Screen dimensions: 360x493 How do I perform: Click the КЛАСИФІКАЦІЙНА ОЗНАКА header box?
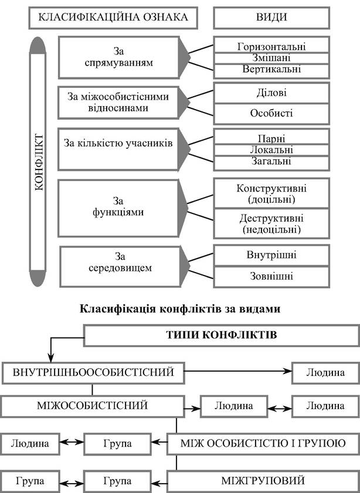tap(113, 18)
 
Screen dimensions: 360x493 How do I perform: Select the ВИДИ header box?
tap(271, 18)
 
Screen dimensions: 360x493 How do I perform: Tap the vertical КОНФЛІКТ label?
tap(38, 162)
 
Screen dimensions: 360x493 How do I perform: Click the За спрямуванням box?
tap(119, 57)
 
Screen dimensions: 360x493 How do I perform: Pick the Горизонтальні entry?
tap(271, 46)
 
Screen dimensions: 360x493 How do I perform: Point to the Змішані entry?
tap(271, 58)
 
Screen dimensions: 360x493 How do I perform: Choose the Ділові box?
tap(271, 93)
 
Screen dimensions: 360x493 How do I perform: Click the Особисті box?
tap(271, 114)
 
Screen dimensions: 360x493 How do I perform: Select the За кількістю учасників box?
tap(118, 149)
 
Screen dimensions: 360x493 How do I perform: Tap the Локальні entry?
tap(271, 149)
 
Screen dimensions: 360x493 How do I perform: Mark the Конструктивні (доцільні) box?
tap(271, 193)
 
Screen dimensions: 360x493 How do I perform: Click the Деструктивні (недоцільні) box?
tap(271, 223)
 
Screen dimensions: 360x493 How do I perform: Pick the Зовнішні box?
tap(271, 276)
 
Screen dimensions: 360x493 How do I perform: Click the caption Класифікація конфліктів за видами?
tap(180, 309)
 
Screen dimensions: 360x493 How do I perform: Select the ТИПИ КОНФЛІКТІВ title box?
tap(222, 335)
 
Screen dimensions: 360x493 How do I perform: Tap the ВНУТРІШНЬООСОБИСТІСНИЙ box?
tap(93, 373)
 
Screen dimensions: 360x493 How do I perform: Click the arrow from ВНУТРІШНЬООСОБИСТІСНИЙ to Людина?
tap(238, 371)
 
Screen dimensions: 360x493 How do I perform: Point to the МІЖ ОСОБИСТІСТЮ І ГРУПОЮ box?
tap(263, 444)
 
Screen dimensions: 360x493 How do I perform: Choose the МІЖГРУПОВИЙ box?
tap(263, 481)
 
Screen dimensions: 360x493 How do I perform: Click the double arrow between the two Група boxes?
tap(72, 483)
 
